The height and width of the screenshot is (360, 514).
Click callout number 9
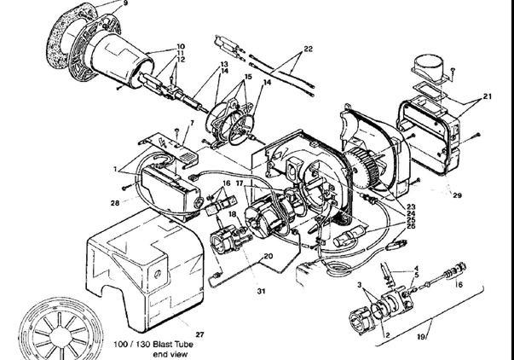(125, 3)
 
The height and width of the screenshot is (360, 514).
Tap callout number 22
(308, 49)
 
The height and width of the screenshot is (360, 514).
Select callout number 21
(488, 96)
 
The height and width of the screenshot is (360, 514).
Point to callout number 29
(457, 195)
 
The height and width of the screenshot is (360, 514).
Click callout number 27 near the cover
(200, 334)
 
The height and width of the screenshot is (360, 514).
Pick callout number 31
(261, 291)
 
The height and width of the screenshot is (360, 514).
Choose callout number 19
(422, 337)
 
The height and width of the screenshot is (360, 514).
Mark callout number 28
(115, 203)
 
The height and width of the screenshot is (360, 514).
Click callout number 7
(192, 123)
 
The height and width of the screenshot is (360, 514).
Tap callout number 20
(269, 256)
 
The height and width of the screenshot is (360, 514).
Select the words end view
(170, 354)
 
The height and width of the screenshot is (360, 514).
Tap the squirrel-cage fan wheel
(362, 168)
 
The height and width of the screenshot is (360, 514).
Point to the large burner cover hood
(144, 269)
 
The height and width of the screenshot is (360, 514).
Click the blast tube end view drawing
(61, 332)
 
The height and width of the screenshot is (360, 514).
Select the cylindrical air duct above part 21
(429, 67)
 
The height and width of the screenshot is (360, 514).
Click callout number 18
(233, 214)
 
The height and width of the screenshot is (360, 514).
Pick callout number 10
(181, 47)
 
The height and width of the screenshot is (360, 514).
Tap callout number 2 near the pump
(388, 335)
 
